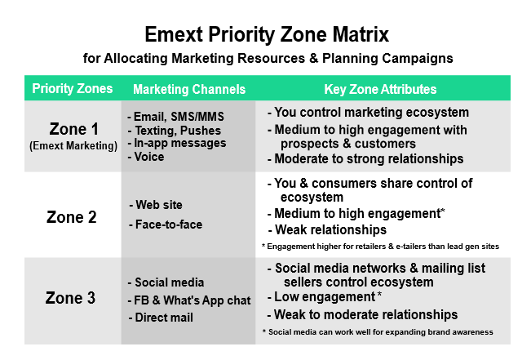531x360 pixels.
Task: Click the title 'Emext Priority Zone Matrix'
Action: point(267,35)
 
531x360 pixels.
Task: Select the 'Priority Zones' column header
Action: point(72,89)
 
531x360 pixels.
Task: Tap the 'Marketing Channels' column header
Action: point(189,90)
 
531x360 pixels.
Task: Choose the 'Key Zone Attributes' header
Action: point(380,89)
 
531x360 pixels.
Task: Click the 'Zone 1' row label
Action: point(74,129)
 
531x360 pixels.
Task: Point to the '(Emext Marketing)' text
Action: point(73,146)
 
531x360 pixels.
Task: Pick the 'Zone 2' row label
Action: point(72,217)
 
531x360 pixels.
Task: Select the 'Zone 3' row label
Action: point(70,298)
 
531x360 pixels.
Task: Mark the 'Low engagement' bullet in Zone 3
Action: point(325,297)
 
